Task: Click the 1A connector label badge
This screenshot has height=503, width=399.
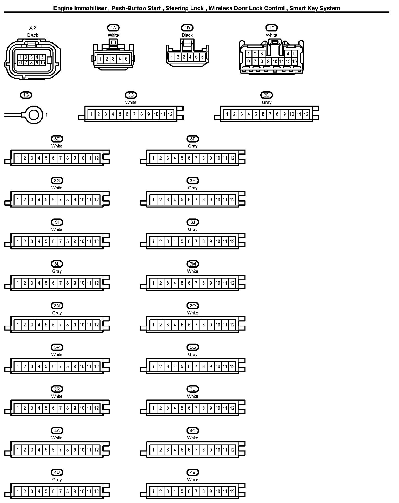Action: coord(113,28)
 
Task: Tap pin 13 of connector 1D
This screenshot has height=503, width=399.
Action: coord(294,62)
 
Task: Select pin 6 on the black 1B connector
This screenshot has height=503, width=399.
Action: coord(202,57)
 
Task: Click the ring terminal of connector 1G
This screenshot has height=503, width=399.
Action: coord(34,115)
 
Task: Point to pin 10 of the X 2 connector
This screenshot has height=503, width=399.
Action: coord(43,63)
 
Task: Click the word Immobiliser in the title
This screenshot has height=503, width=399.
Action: coord(90,8)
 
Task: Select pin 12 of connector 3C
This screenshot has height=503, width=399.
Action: coord(170,114)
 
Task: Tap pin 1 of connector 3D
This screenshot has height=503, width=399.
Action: coord(227,114)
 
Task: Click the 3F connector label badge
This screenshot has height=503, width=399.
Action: coord(192,139)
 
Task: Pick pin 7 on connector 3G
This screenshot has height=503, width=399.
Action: coord(61,200)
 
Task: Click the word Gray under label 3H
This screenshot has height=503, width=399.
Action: coord(192,188)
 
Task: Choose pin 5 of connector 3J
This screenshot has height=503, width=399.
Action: coord(182,241)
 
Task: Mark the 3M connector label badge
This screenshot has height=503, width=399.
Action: coord(192,264)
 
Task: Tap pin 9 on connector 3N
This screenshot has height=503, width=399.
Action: coord(75,325)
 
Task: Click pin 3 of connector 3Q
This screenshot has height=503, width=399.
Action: coord(168,366)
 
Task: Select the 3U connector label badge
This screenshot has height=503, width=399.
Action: coord(192,389)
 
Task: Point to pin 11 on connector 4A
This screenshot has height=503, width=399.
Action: coord(89,450)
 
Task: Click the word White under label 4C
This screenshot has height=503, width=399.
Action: coord(192,438)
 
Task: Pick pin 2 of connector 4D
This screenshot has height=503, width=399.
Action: coord(25,491)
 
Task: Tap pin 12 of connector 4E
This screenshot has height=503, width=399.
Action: coord(232,491)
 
